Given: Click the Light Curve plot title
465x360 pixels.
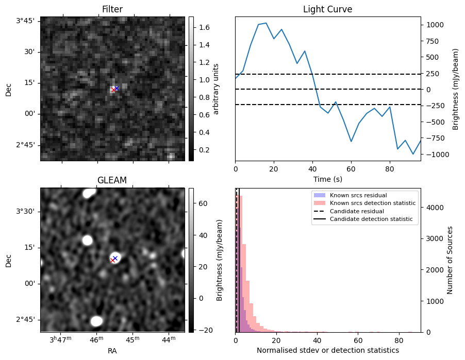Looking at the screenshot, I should click(x=327, y=9).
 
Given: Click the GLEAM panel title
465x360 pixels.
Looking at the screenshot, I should click(x=112, y=180).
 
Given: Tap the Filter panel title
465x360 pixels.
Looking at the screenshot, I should click(x=112, y=9).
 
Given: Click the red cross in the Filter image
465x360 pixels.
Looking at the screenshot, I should click(x=113, y=90).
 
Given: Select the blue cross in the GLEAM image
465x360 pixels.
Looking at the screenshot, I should click(x=115, y=258).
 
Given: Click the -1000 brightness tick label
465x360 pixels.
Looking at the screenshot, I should click(x=434, y=155).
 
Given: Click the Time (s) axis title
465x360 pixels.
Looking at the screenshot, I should click(x=327, y=179).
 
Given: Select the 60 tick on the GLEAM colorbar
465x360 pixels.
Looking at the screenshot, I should click(x=201, y=204).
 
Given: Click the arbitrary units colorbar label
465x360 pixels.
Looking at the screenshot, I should click(x=216, y=89).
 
